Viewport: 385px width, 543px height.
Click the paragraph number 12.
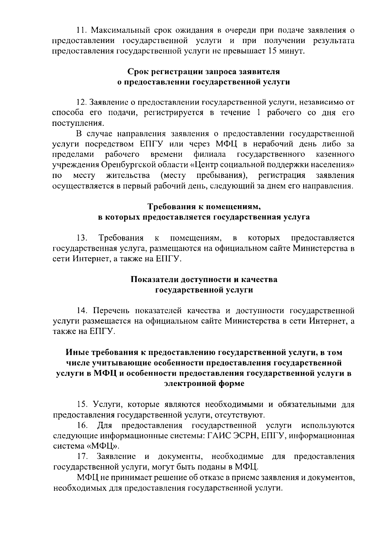[x=81, y=103]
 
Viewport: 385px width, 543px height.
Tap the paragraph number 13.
[x=82, y=238]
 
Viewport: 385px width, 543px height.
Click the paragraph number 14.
[x=82, y=311]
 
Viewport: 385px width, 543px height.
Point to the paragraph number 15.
[x=82, y=404]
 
